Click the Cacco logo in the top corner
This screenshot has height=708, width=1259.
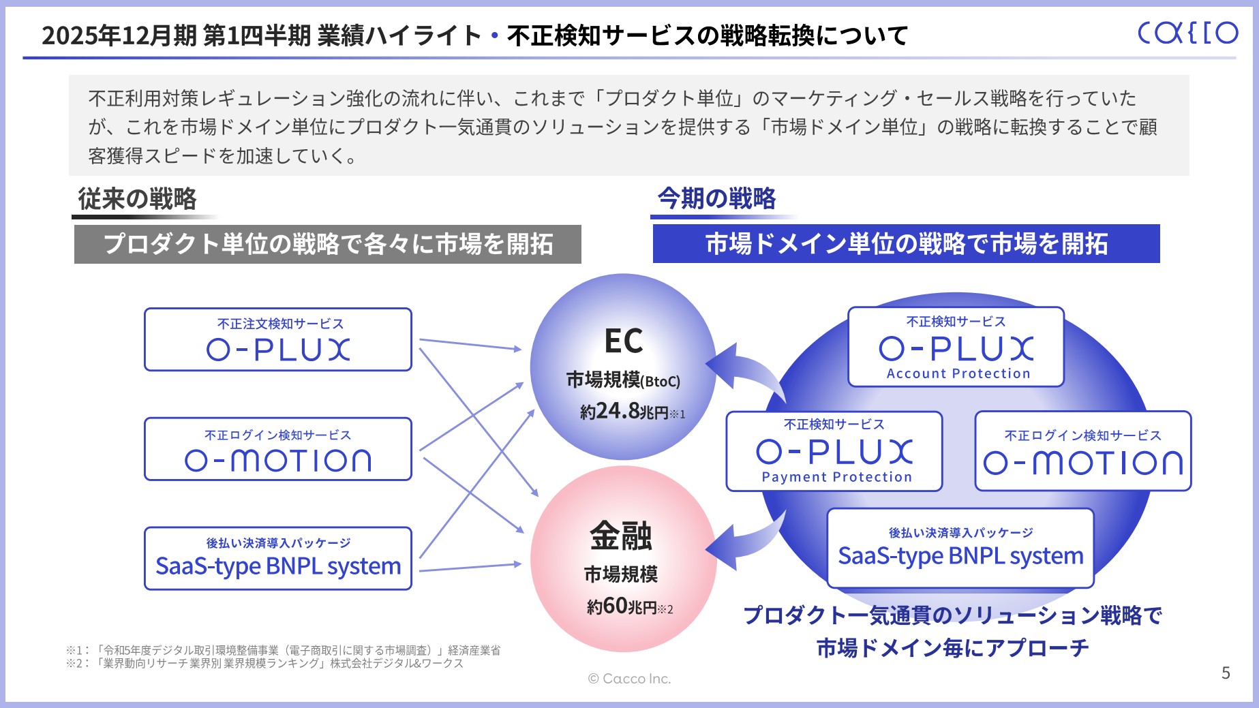click(x=1187, y=32)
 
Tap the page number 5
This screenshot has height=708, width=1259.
click(x=1226, y=673)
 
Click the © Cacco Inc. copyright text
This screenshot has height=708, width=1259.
click(x=629, y=679)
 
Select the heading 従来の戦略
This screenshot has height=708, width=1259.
click(x=137, y=199)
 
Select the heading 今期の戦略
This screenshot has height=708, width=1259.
click(x=716, y=198)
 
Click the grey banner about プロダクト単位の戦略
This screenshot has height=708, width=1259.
click(x=327, y=244)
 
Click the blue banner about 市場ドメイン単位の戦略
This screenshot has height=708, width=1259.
click(x=906, y=243)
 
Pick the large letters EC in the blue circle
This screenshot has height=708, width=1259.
click(x=623, y=341)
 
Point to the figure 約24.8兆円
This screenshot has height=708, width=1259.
click(x=624, y=412)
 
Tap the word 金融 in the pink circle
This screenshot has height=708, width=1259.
click(x=621, y=536)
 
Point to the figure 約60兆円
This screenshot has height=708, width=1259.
click(x=621, y=606)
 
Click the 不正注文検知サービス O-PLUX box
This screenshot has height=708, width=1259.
click(x=278, y=339)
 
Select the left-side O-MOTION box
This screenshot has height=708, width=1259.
click(x=278, y=449)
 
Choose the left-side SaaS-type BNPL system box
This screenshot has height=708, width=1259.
click(x=278, y=558)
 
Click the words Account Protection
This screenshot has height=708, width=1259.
click(x=958, y=373)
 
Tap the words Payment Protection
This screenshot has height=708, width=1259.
click(x=836, y=477)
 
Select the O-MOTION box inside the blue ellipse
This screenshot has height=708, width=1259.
click(x=1082, y=451)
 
